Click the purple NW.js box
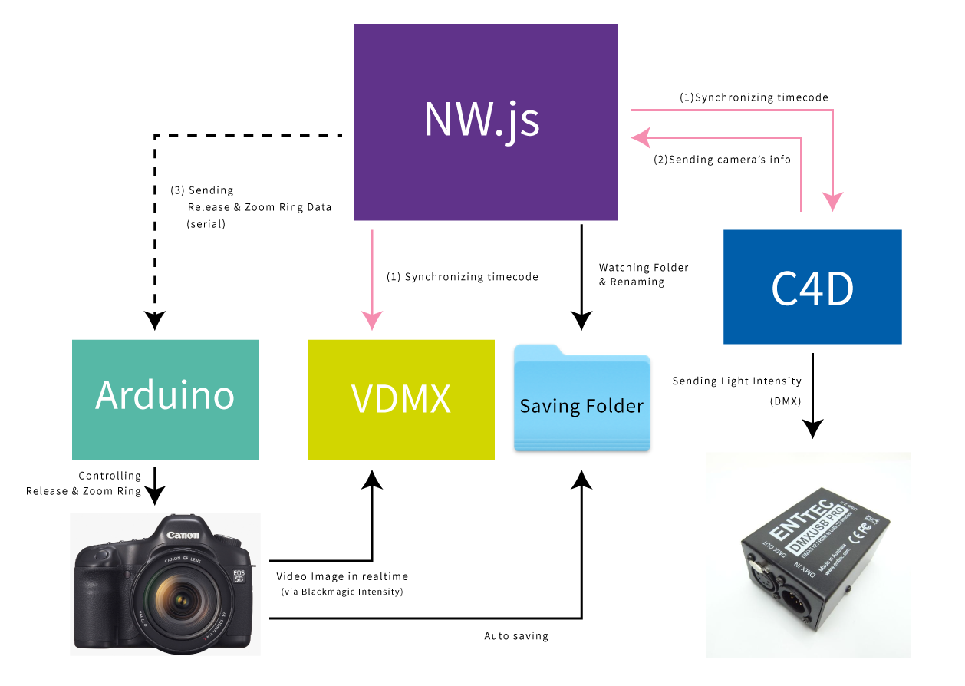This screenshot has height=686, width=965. (485, 121)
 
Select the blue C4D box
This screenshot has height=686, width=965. (812, 287)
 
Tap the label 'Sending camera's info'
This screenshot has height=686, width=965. (722, 160)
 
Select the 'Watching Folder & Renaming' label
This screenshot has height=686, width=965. (644, 275)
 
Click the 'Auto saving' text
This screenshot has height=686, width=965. (516, 636)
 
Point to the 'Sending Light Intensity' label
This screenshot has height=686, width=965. (736, 381)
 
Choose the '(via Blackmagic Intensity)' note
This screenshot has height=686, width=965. (341, 592)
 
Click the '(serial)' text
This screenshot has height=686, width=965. (206, 225)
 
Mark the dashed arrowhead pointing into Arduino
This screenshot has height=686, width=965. (155, 322)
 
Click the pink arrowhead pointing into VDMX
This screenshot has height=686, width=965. (372, 321)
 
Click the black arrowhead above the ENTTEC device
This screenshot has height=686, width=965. (812, 428)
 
